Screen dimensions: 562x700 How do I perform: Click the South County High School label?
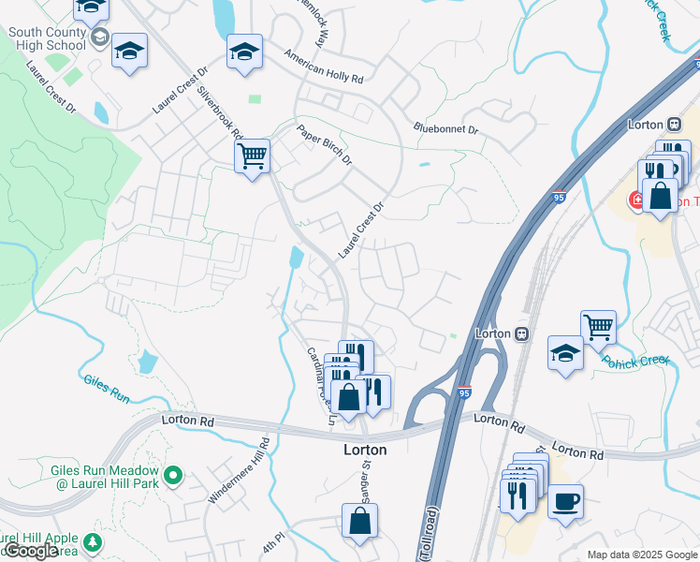click(46, 38)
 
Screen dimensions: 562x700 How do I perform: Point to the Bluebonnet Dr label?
click(445, 129)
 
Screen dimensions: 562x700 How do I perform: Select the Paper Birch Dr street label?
click(324, 144)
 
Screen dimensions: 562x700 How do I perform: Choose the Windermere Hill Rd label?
click(239, 471)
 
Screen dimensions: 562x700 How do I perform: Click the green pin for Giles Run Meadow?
click(171, 476)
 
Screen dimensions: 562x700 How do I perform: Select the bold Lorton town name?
click(365, 450)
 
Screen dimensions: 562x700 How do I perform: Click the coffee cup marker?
click(565, 501)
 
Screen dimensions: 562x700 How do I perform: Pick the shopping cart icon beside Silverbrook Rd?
click(253, 155)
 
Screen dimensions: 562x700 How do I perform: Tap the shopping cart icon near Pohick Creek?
click(598, 327)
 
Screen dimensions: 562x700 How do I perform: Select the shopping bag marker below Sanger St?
click(360, 520)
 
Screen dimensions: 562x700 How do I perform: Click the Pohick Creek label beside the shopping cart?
click(636, 360)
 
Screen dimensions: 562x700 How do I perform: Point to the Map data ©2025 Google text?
click(641, 555)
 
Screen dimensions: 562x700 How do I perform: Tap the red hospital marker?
click(636, 199)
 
